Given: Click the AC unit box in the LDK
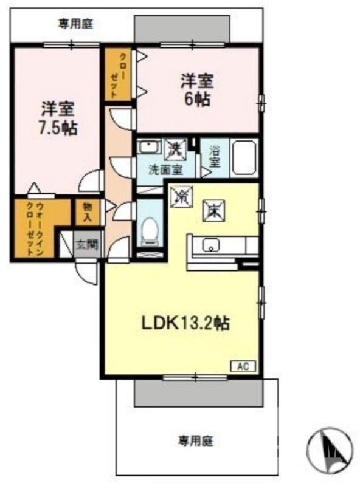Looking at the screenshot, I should (243, 366).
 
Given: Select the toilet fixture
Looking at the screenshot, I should (148, 231).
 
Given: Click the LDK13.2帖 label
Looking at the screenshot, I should (185, 323).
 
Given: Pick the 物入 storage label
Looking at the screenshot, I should (86, 211).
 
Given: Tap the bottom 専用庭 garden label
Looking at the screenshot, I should (195, 439).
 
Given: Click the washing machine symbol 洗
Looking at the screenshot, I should (175, 148).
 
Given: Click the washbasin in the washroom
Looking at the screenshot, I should (148, 148).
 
